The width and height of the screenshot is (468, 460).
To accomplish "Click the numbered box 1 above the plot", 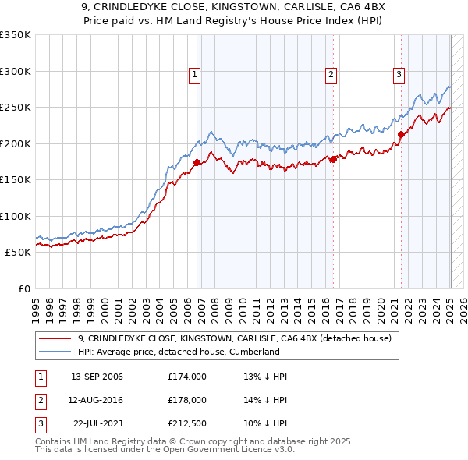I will (x=194, y=75).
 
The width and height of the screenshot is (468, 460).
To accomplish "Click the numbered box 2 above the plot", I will (x=331, y=75).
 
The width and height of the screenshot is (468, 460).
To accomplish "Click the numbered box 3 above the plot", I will (x=399, y=75).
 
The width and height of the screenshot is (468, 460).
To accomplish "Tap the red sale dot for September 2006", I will (x=197, y=162).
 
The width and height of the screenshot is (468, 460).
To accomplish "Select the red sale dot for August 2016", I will (x=333, y=159).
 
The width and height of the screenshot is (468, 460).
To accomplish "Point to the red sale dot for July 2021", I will (x=401, y=134).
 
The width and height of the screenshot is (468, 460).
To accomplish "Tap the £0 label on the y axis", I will (x=23, y=288).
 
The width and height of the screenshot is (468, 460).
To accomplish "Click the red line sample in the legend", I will (x=56, y=338).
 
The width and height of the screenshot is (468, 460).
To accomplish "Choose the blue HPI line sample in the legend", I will (x=56, y=352).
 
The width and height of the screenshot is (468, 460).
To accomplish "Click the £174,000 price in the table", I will (x=186, y=377).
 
